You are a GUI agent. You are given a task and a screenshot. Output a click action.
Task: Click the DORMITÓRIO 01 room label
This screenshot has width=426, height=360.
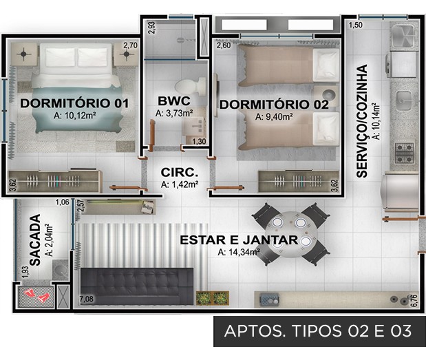(x=74, y=103)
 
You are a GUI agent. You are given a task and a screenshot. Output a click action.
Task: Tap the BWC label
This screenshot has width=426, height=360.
(x=174, y=101)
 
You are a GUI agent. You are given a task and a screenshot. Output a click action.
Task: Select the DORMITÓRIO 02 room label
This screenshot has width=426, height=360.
(x=274, y=105)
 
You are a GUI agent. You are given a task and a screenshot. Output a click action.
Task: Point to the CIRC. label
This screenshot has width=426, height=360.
(x=180, y=173)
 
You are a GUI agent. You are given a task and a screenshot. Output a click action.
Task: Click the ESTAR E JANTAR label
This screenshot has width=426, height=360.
(x=239, y=240)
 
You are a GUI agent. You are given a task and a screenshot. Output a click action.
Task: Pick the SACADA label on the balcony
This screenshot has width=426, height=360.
(x=35, y=240)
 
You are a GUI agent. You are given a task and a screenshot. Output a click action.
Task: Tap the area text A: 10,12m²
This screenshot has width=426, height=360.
(x=74, y=116)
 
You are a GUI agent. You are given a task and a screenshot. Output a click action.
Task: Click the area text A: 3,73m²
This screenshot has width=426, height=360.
(x=174, y=113)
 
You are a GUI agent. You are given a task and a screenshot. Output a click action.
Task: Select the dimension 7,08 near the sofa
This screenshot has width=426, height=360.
(x=87, y=299)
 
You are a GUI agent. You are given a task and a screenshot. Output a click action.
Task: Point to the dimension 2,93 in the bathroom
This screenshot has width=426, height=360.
(x=152, y=28)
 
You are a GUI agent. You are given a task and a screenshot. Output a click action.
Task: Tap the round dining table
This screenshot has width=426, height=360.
(x=291, y=234)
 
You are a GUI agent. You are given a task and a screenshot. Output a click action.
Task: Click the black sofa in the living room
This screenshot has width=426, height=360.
(x=137, y=286)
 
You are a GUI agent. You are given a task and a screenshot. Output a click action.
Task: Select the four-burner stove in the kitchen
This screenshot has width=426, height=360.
(x=404, y=153)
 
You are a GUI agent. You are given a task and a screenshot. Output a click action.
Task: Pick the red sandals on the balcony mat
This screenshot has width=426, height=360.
(x=36, y=295)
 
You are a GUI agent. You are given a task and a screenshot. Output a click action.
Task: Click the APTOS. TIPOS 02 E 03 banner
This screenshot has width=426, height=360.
(x=319, y=331)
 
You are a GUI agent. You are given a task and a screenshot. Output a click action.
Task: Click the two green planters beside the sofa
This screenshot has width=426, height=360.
(x=213, y=298)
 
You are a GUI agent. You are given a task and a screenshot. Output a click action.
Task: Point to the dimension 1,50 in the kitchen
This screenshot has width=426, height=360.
(x=356, y=25)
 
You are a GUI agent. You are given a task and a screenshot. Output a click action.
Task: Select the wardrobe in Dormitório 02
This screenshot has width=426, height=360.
(x=298, y=181)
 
